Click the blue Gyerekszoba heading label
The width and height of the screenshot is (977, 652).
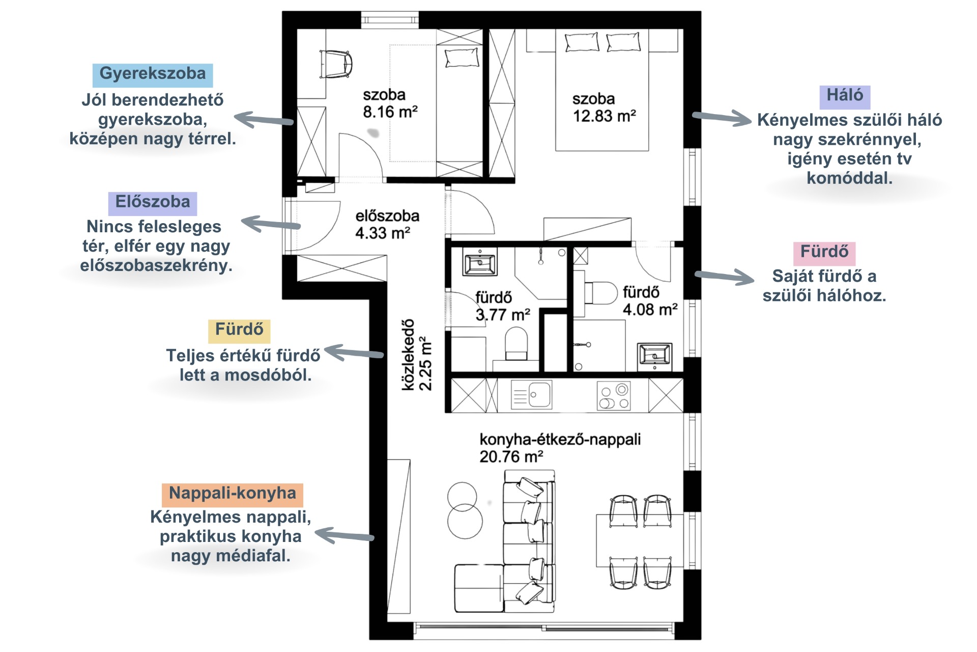point(153,74)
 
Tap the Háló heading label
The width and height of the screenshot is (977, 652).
point(845,96)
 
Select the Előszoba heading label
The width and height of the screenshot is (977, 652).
point(153,203)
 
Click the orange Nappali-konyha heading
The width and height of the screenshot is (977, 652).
point(233,494)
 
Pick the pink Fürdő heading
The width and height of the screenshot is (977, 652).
point(824,253)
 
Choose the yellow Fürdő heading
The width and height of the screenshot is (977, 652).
point(239,331)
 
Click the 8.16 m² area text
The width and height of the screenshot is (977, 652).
point(390,112)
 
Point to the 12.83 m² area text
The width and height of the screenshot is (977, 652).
point(605,116)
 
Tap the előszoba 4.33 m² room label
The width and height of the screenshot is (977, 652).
point(387,224)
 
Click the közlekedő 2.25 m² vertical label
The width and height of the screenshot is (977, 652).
point(417,355)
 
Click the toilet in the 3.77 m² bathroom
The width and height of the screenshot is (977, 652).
point(516,344)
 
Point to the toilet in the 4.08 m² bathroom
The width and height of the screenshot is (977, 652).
point(600,293)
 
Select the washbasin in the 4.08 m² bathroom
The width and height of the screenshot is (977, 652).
point(655,355)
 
